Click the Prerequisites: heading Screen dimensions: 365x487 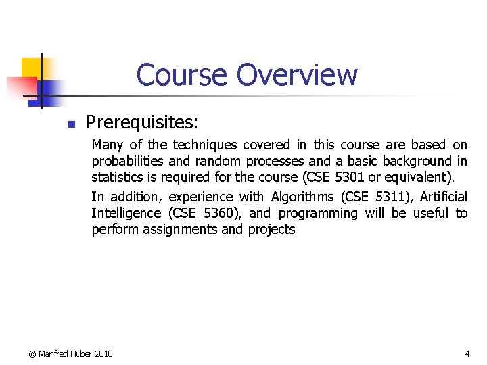[142, 122]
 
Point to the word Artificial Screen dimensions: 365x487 [443, 197]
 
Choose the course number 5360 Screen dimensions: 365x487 [217, 213]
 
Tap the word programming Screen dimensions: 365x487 [317, 213]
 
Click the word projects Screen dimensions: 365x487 [271, 229]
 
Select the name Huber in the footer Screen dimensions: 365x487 [81, 354]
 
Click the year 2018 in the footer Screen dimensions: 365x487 [104, 354]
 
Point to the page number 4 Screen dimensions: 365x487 [467, 354]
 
